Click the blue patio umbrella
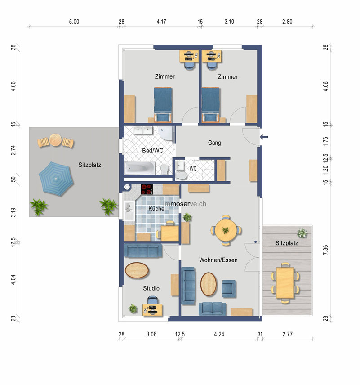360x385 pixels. point(56,179)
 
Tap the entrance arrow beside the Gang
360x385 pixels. point(264,137)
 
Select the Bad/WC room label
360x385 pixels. point(153,151)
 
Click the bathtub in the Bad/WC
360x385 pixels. point(139,168)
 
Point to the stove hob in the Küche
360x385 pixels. point(147,189)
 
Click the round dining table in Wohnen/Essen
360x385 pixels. point(226,230)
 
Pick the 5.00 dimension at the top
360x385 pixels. point(74,22)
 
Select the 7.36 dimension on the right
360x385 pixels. point(326,250)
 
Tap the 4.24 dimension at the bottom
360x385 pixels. point(219,334)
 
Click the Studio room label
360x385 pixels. point(151,288)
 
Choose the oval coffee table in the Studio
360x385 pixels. point(137,270)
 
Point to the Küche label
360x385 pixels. point(156,208)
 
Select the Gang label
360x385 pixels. point(214,143)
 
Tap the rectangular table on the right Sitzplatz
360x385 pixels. point(285,282)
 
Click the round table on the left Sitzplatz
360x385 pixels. point(55,140)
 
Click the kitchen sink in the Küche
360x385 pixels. point(129,211)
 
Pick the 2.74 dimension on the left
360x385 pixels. point(13,150)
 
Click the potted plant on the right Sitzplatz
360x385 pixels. point(302,233)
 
